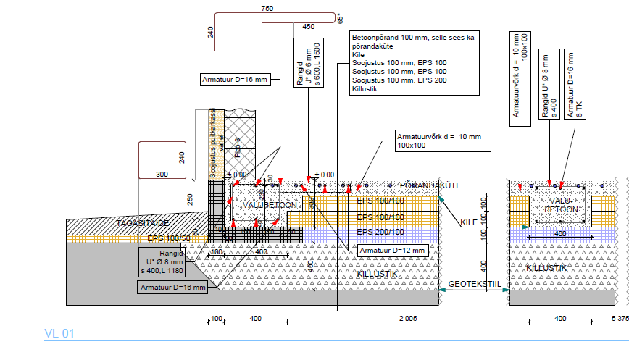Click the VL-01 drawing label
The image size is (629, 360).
coord(59,334)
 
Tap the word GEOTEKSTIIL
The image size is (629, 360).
coord(475,285)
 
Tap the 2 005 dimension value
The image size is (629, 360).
coord(408,319)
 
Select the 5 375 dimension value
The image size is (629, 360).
coord(619,319)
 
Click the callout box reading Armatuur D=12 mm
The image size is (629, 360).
coord(390,249)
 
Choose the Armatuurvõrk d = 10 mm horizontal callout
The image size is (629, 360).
coord(443,141)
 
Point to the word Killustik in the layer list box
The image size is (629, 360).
coord(367,88)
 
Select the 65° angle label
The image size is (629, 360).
coord(339,19)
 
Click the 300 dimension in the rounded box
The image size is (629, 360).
coord(161,174)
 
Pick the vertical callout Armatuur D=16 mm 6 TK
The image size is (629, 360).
coord(575,85)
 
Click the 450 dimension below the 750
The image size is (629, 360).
coord(309,27)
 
